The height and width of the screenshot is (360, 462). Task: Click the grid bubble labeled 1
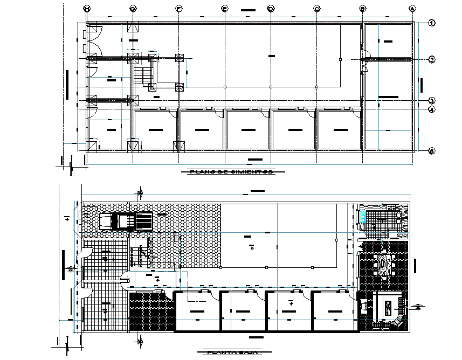click(432, 23)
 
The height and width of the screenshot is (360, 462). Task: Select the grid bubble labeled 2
click(432, 60)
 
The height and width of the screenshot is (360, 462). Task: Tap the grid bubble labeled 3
click(432, 101)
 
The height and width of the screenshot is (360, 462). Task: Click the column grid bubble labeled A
click(412, 9)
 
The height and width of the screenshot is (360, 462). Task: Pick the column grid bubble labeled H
click(86, 9)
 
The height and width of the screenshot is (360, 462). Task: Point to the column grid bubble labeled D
click(271, 9)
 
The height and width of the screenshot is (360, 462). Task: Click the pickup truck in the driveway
click(126, 221)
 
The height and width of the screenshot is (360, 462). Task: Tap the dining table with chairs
click(387, 265)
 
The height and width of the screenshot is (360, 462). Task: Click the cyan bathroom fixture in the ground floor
click(364, 217)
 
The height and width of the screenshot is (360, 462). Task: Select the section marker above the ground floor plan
click(140, 193)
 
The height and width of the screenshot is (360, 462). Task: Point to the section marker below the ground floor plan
click(140, 340)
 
